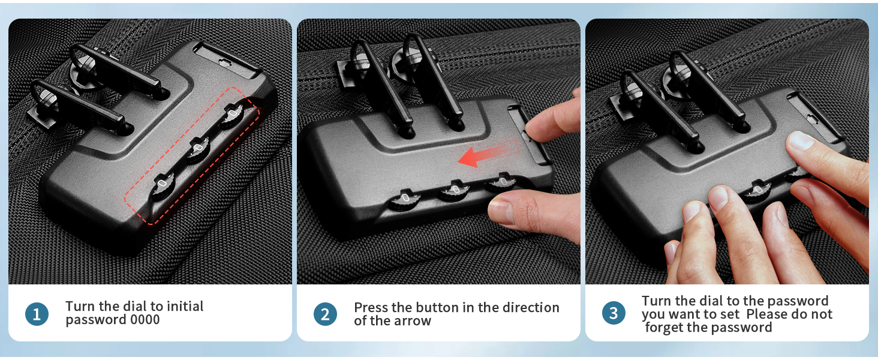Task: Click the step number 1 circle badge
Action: (x=37, y=314)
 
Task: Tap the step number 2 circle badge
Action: (x=325, y=314)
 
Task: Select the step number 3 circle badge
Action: (x=613, y=313)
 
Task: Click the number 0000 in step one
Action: (x=145, y=320)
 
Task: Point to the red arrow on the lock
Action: (x=485, y=154)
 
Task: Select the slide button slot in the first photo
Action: (x=220, y=56)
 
